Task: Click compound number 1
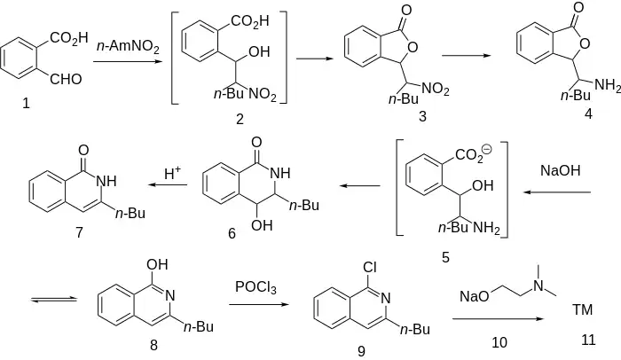coord(26,104)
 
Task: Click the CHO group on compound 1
coord(66,80)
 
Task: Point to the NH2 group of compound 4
coord(607,85)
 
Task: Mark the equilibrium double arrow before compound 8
coord(49,301)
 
